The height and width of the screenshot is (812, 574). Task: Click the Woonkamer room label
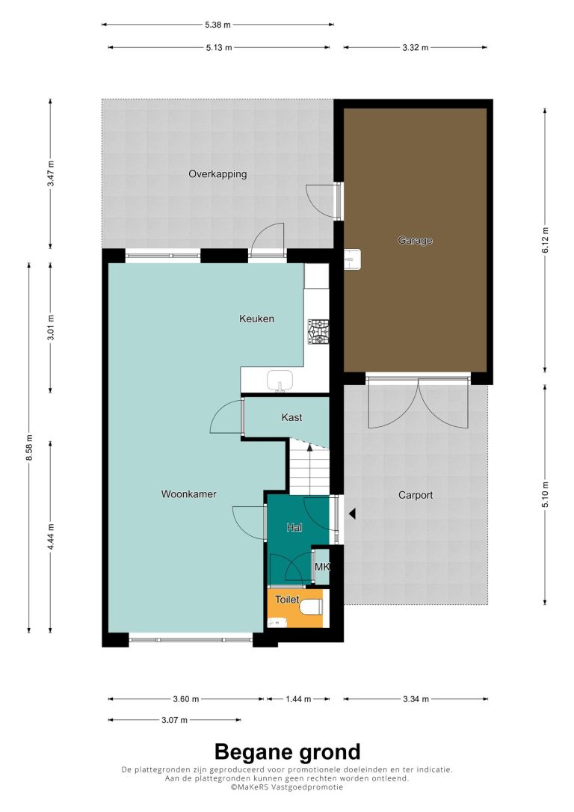[x=188, y=494]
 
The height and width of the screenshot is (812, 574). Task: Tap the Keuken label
[x=256, y=319]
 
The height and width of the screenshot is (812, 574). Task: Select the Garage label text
[x=415, y=240]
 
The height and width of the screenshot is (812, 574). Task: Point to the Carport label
[x=416, y=495]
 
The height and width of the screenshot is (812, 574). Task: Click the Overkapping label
[x=217, y=174]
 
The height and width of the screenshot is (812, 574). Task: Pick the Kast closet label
[x=292, y=417]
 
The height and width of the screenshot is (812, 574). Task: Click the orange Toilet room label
[x=287, y=600]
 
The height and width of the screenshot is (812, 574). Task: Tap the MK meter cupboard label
[x=322, y=567]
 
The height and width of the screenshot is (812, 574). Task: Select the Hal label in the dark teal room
[x=294, y=528]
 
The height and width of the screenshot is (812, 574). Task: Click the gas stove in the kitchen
[x=318, y=332]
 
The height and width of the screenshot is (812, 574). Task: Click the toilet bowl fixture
[x=312, y=607]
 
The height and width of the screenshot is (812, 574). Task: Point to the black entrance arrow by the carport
[x=352, y=514]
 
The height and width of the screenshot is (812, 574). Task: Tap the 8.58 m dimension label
[x=29, y=447]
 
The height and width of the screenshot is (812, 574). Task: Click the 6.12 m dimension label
[x=545, y=240]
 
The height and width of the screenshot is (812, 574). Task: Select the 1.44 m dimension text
[x=299, y=699]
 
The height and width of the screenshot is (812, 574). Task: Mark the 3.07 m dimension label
[x=174, y=720]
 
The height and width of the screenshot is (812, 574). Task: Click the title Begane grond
[x=287, y=751]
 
